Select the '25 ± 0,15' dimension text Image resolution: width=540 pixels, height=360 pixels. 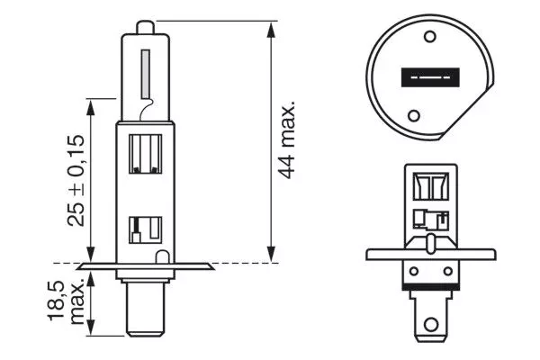point(77,180)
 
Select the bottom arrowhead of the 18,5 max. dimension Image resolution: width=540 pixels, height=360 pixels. point(90,332)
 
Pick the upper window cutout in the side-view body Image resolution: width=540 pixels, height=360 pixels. point(145,153)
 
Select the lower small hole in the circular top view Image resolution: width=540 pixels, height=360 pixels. point(413,115)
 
